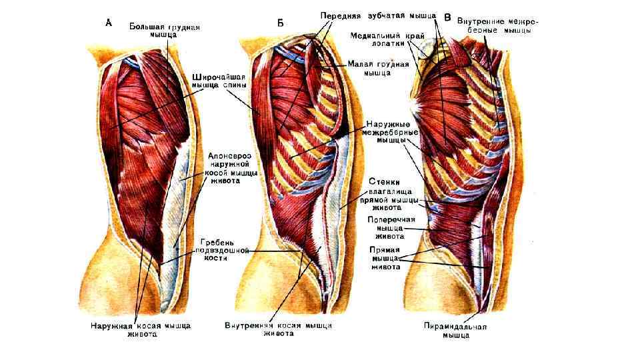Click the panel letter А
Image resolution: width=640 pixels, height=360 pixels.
109,22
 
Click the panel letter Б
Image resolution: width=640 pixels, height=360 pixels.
280,23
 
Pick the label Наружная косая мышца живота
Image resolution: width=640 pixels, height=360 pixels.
141,330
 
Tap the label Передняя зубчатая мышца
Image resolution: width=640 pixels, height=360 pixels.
378,15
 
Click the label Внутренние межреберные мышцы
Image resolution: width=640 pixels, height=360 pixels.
497,26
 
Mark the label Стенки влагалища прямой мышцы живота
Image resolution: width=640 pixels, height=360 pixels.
389,193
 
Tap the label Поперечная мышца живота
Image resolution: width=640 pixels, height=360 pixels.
391,227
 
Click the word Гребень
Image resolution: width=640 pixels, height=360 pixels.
219,241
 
